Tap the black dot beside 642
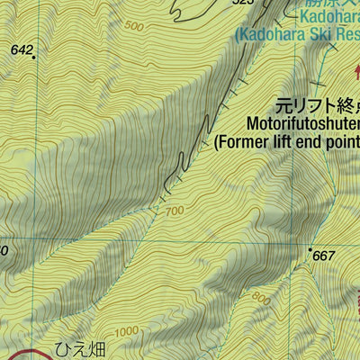(x=34, y=58)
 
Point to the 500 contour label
(x=134, y=27)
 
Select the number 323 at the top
(x=243, y=3)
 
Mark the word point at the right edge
(x=346, y=140)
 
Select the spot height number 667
(x=324, y=256)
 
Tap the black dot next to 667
(x=310, y=249)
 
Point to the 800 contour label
(x=260, y=298)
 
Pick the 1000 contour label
(x=127, y=331)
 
